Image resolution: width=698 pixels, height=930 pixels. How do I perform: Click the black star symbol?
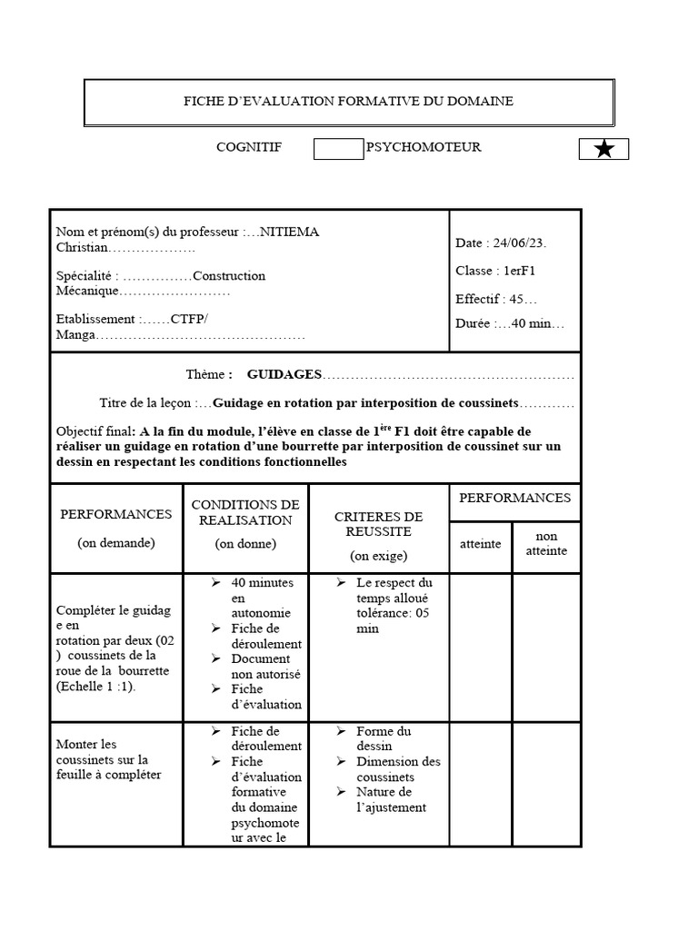pos(603,149)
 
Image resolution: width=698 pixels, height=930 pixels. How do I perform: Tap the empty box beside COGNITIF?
pos(338,149)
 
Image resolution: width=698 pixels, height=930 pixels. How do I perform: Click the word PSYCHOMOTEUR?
pos(424,147)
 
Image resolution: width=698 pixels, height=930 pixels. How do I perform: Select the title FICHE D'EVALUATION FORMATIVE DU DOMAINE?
pos(349,102)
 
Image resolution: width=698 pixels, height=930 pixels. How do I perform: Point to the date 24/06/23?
pos(518,243)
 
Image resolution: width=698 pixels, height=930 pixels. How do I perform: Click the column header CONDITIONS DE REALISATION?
pos(245,512)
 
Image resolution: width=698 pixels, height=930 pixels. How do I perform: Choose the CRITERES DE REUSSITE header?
pos(379,524)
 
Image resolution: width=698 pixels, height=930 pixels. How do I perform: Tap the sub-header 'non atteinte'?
pos(546,543)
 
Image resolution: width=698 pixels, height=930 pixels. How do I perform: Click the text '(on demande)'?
pos(116,542)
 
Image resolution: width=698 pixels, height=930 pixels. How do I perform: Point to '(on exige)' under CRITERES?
pos(379,555)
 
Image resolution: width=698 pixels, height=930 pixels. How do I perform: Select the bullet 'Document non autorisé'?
pos(265,666)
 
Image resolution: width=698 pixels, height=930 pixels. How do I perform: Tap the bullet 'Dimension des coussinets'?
pos(398,769)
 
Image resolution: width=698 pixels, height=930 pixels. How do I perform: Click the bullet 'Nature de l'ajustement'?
pos(391,799)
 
